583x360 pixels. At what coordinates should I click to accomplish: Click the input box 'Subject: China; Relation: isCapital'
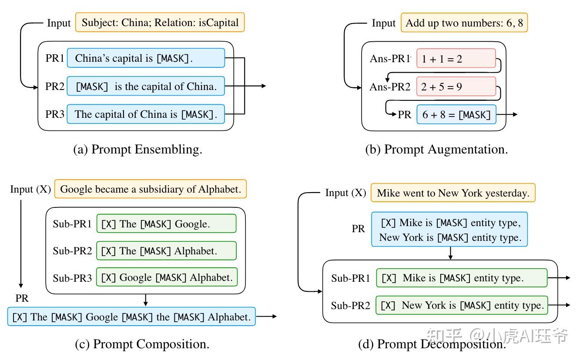pos(160,23)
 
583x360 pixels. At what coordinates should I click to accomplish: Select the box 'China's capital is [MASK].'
pos(146,58)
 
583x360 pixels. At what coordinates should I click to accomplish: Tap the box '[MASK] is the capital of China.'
pos(146,87)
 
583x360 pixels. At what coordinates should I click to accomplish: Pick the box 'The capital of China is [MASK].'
pos(146,114)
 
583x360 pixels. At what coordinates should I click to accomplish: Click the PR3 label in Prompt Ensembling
pos(55,114)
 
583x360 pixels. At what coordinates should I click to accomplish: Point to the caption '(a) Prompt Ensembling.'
pos(138,150)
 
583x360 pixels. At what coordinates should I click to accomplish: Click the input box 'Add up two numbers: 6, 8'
pos(464,23)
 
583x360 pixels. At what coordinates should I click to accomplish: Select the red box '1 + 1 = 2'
pos(456,59)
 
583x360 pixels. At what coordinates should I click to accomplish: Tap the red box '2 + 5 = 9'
pos(456,87)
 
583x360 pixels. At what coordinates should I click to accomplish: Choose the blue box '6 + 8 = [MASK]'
pos(456,115)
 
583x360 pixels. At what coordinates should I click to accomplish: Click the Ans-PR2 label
pos(390,87)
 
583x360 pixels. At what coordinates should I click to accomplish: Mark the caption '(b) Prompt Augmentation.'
pos(436,150)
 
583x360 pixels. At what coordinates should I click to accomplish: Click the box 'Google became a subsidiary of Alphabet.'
pos(151,189)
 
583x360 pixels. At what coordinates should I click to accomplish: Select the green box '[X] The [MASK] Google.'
pos(166,224)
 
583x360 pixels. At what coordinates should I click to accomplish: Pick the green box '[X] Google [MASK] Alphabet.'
pos(167,277)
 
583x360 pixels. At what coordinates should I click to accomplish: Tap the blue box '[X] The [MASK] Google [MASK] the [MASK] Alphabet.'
pos(131,317)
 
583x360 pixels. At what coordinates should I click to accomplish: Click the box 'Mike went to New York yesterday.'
pos(453,193)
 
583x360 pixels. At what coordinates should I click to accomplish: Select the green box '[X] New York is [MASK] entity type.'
pos(462,305)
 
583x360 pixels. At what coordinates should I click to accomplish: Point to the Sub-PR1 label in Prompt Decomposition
pos(350,278)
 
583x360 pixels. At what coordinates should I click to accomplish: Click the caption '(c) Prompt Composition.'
pos(142,344)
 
